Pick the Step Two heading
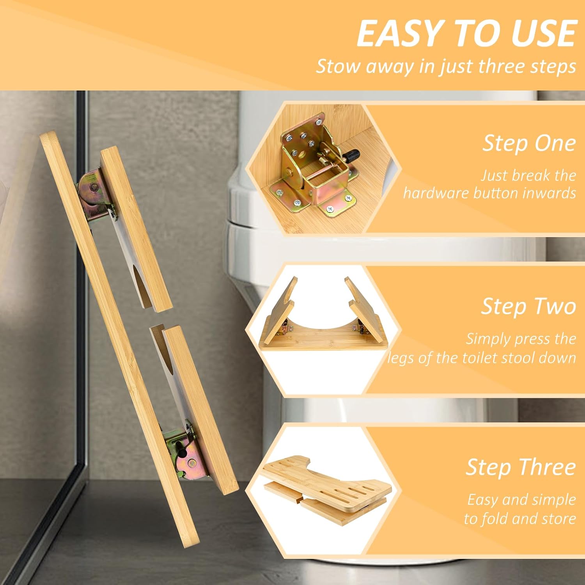(x=528, y=306)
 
